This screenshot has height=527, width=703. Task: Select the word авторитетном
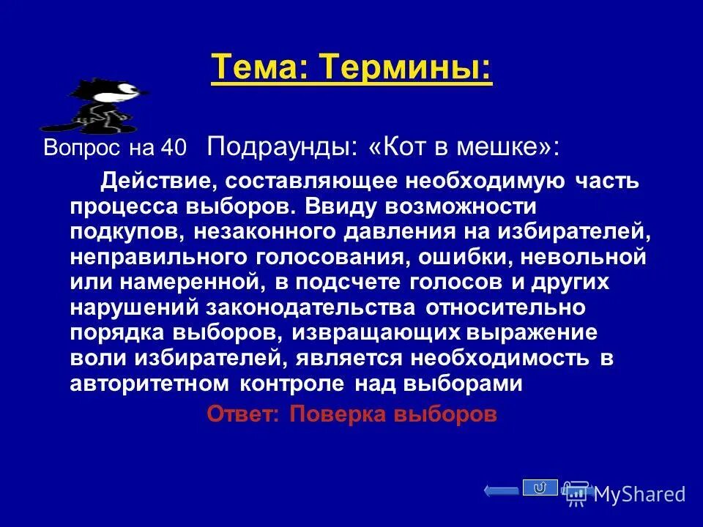[x=149, y=384]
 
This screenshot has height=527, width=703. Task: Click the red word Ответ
[x=242, y=414]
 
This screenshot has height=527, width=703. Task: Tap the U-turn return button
[x=540, y=487]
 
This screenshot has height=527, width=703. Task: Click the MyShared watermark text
[x=639, y=494]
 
